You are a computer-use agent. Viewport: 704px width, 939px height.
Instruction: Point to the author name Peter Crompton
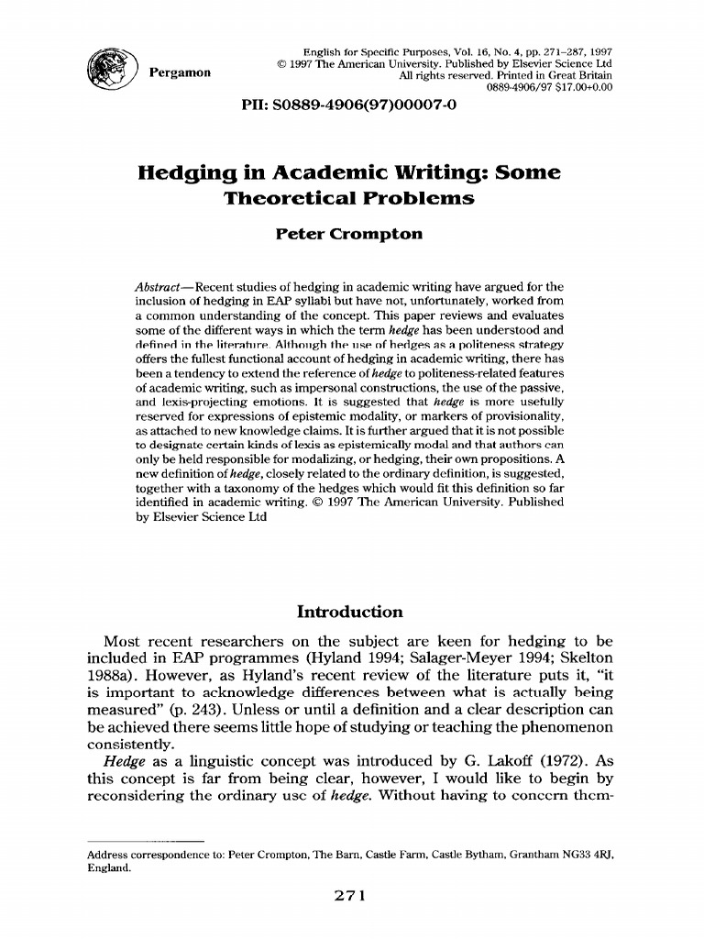click(350, 234)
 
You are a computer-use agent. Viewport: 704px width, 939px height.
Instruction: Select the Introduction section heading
click(351, 612)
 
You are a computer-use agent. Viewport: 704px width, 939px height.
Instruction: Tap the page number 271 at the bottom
click(350, 898)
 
